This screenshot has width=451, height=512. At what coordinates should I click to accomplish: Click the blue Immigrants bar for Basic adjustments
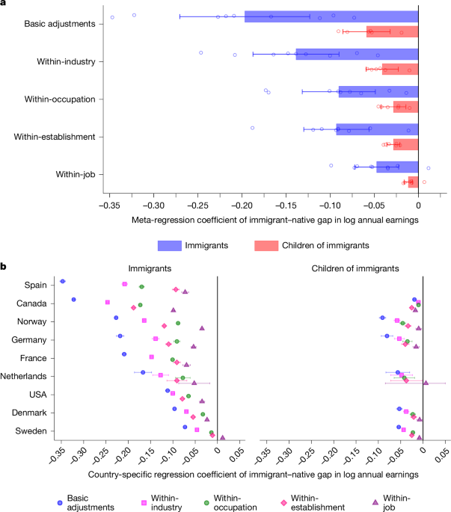point(331,16)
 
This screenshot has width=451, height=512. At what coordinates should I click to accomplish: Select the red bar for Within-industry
point(400,70)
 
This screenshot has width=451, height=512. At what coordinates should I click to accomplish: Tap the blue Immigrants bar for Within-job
point(397,167)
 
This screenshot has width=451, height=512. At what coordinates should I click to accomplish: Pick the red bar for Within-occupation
point(406,107)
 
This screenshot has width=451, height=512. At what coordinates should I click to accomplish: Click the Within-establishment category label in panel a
point(55,137)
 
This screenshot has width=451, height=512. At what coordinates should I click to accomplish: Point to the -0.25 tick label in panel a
point(197,206)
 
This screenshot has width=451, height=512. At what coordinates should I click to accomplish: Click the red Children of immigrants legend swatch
point(266,246)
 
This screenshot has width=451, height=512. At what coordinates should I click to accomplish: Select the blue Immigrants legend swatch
point(170,246)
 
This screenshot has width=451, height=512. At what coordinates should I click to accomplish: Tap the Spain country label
point(36,285)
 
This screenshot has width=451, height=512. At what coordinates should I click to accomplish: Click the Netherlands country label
point(23,376)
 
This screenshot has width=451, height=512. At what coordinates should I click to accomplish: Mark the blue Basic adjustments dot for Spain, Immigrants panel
point(62,281)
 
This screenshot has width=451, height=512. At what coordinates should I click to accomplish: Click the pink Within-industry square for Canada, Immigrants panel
point(108,302)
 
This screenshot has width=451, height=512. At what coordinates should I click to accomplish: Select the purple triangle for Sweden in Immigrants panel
point(223,437)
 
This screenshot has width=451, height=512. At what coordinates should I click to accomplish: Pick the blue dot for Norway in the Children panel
point(382,318)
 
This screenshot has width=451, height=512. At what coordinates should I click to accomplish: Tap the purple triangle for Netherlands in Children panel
point(426,383)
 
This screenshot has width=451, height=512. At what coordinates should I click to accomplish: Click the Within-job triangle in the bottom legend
point(375,502)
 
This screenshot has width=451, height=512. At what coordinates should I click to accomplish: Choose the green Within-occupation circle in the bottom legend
point(206,503)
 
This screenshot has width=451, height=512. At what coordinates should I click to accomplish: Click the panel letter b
point(3,266)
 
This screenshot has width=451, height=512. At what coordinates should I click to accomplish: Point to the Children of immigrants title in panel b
point(355,268)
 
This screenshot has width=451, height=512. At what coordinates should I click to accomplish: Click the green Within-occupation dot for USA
point(188,396)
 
